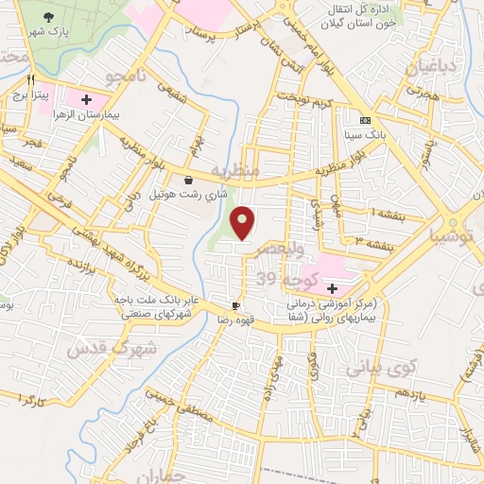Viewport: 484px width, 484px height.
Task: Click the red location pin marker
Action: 244,223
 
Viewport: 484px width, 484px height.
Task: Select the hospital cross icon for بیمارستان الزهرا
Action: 86,98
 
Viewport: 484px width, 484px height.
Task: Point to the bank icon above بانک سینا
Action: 366,120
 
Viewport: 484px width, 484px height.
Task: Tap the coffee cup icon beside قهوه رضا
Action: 236,305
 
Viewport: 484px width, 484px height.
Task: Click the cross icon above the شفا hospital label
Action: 333,287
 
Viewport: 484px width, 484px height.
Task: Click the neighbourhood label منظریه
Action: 234,172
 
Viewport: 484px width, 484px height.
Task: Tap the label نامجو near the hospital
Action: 127,77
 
